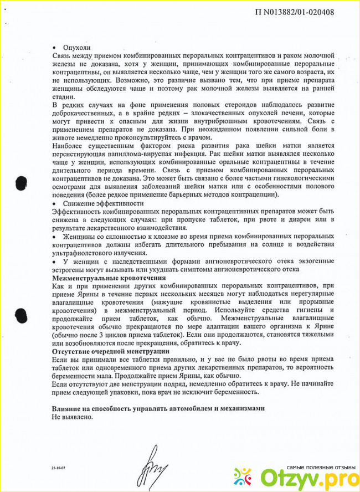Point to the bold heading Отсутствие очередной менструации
(111, 351)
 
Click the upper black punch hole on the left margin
(22, 182)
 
